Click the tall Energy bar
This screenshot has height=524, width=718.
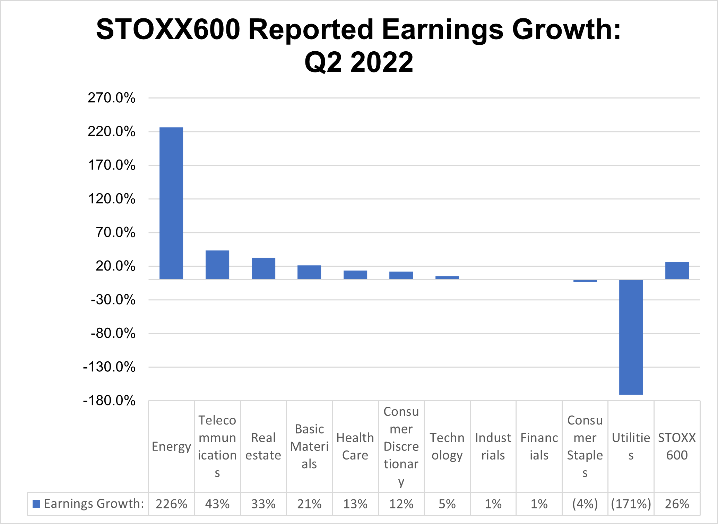pos(171,203)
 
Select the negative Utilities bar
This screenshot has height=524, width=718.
pos(631,337)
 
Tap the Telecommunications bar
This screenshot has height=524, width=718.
pos(217,265)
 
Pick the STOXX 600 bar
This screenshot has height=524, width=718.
pos(677,270)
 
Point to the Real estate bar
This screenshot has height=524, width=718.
pos(263,268)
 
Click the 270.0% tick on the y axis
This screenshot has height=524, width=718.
pos(112,98)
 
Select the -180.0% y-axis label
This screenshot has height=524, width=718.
pos(109,401)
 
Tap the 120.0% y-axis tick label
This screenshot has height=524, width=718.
pos(112,199)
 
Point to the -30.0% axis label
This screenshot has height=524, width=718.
pos(113,300)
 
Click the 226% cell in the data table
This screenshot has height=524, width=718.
pos(171,504)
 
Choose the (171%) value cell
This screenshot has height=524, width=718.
pos(631,504)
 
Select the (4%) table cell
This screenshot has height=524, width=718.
pos(585,504)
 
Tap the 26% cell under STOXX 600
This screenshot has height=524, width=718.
pos(677,504)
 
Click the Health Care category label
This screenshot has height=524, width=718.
pos(355,446)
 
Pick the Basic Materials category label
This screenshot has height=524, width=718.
pos(309,446)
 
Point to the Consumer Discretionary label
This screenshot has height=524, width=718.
pos(401,446)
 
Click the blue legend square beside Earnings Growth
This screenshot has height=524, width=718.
pos(36,504)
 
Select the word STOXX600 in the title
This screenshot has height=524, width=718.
pos(168,29)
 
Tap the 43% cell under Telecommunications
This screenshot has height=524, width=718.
pos(217,504)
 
